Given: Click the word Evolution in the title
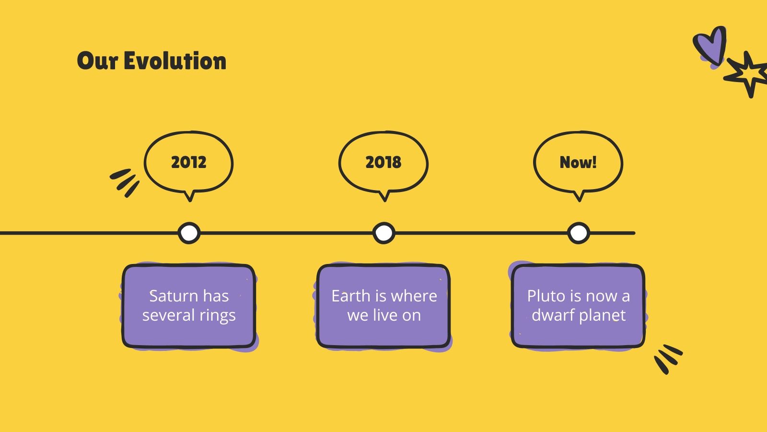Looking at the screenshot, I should pyautogui.click(x=175, y=61).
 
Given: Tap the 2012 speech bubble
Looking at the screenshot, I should pyautogui.click(x=189, y=162).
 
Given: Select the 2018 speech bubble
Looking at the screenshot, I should pyautogui.click(x=383, y=162).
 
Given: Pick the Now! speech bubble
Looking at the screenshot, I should pyautogui.click(x=578, y=162).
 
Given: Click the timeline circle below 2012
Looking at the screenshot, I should pyautogui.click(x=189, y=233).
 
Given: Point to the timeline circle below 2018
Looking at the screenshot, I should pyautogui.click(x=383, y=233).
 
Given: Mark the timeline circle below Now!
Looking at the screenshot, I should pyautogui.click(x=579, y=233).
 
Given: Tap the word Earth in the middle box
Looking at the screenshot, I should pyautogui.click(x=350, y=296).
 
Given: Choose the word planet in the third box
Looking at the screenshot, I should pyautogui.click(x=602, y=316).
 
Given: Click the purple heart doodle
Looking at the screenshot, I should pyautogui.click(x=710, y=46).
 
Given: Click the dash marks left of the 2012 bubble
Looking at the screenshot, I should pyautogui.click(x=125, y=182).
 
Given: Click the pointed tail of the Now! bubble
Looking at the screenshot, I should pyautogui.click(x=579, y=196).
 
